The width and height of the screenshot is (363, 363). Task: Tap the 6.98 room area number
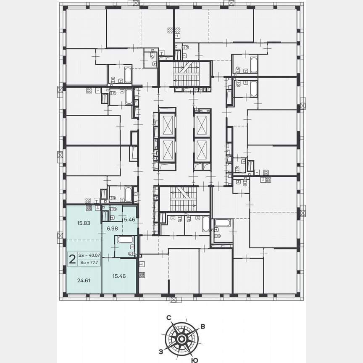112,228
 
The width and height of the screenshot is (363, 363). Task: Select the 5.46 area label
128,219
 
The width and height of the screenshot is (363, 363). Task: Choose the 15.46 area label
119,276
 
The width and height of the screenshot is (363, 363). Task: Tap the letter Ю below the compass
194,360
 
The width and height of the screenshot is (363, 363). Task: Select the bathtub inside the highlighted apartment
125,240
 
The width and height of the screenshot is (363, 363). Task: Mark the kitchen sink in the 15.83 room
97,208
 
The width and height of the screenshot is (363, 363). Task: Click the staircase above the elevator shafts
185,74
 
